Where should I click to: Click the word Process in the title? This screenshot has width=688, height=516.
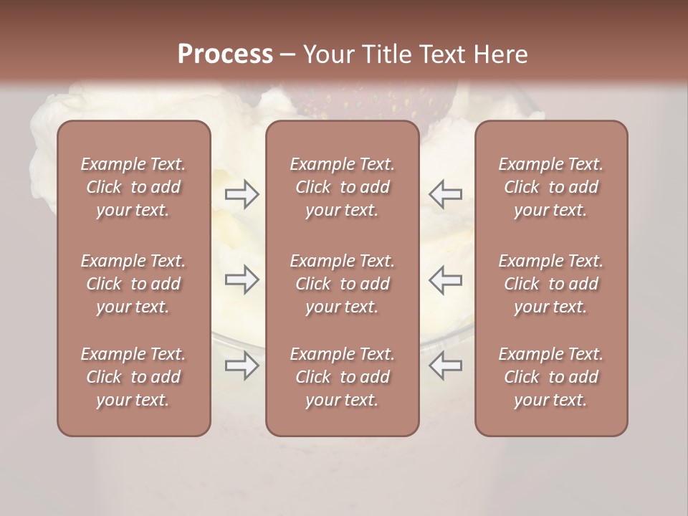[x=225, y=54]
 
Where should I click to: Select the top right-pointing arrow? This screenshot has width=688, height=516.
[x=242, y=193]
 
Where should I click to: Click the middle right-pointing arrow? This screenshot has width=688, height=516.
[x=242, y=279]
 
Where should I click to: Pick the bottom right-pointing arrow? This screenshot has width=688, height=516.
[x=242, y=366]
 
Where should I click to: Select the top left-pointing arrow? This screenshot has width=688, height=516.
[x=446, y=193]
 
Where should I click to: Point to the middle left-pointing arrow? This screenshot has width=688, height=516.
[x=446, y=279]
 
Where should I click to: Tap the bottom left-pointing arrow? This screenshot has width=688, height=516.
[x=446, y=366]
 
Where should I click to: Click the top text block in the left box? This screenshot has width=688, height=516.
[x=133, y=187]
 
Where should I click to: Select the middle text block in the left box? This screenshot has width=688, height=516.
[x=133, y=284]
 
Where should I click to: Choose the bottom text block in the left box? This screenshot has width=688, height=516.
[x=133, y=377]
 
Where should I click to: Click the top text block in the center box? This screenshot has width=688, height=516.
[x=343, y=187]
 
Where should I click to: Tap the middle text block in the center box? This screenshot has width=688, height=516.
[x=343, y=284]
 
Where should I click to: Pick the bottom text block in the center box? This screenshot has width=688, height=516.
[x=343, y=377]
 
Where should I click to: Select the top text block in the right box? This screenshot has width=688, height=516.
[x=551, y=187]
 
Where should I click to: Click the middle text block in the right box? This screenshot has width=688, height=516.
[x=551, y=284]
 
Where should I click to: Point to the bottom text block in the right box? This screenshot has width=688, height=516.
[x=551, y=377]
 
